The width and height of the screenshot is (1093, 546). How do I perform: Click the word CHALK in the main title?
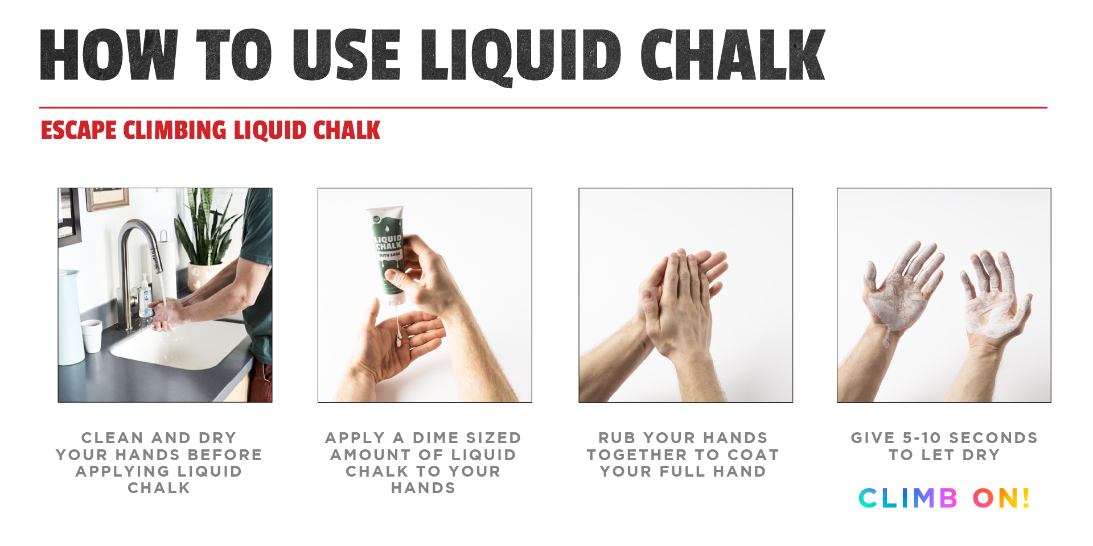point(733,55)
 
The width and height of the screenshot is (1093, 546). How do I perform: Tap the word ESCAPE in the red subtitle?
point(79,130)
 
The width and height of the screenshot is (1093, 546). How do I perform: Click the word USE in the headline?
point(346,55)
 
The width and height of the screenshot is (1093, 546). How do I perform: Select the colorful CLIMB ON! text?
point(944,498)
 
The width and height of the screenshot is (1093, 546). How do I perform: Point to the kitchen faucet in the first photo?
point(137,267)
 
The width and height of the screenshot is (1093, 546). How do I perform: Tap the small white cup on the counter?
point(92,336)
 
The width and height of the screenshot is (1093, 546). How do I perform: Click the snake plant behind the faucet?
point(205,227)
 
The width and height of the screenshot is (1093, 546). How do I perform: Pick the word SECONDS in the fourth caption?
point(993,438)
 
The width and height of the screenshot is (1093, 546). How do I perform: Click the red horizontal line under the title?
point(543,107)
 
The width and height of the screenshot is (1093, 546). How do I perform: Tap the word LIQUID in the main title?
point(521,57)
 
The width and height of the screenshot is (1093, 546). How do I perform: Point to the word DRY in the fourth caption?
point(981,455)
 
